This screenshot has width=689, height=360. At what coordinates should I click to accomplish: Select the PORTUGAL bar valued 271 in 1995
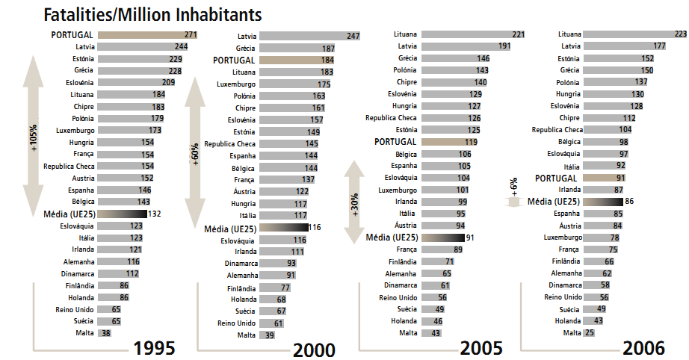click(x=146, y=34)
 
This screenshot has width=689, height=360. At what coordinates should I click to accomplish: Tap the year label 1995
click(x=154, y=347)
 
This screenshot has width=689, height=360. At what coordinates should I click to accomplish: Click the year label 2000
click(x=314, y=350)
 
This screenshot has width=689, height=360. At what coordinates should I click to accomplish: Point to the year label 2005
click(x=481, y=347)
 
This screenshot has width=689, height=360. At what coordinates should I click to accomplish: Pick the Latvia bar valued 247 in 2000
click(x=310, y=36)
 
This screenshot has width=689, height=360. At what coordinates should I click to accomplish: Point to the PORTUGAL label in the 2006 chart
click(x=557, y=178)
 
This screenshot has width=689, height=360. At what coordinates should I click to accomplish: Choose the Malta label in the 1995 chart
click(x=84, y=333)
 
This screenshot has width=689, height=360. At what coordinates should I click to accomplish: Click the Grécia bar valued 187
click(x=296, y=48)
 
